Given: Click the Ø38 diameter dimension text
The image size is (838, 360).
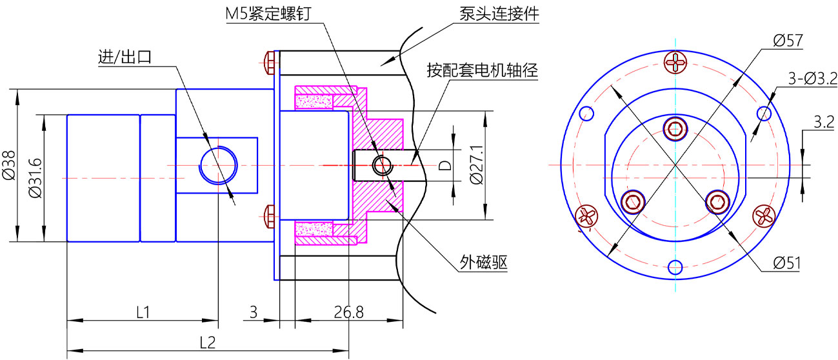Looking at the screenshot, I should point(8,165).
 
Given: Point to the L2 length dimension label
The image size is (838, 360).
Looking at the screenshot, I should point(208,343).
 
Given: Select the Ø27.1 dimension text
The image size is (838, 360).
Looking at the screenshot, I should point(477,165).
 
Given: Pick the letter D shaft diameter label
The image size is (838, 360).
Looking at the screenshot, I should point(444,166).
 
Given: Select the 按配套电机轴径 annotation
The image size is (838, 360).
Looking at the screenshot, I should point(482,70).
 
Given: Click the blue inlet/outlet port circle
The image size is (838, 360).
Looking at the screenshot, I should point(219,165).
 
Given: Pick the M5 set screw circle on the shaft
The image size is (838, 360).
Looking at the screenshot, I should point(383,165).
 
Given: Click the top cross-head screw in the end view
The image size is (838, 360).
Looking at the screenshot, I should point(675,63).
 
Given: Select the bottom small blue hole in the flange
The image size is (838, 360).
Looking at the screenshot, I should point(675,267).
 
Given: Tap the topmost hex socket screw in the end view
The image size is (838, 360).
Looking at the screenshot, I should point(675,129).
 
